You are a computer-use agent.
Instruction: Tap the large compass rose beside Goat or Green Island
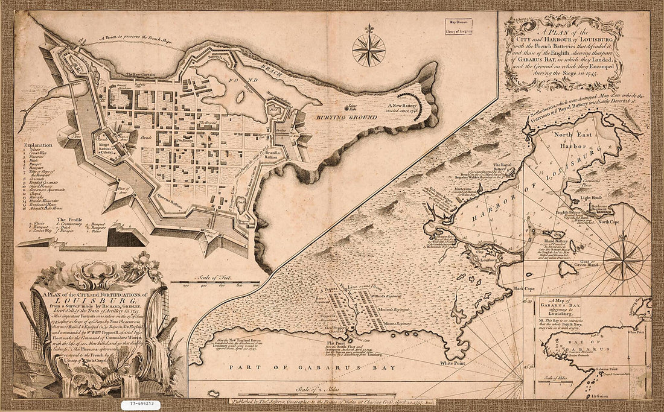[x=623, y=260]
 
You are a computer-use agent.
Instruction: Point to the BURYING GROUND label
[x=338, y=116]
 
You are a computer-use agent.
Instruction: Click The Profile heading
[x=69, y=220]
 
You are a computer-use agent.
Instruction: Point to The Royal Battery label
[x=506, y=165]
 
